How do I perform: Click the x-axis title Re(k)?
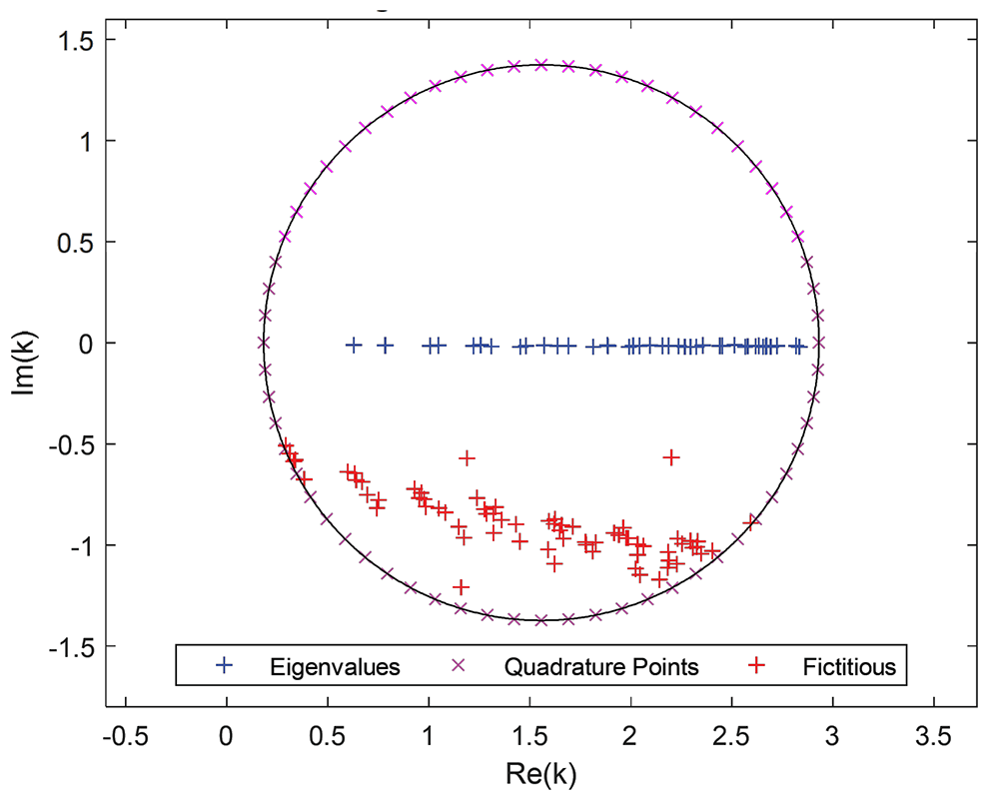[541, 773]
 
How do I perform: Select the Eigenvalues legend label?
[335, 666]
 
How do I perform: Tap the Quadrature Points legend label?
[601, 666]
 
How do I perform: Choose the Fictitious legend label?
[849, 666]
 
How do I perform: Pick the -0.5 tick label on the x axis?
[125, 738]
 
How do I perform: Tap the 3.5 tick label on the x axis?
[933, 738]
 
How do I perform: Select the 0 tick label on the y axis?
[85, 343]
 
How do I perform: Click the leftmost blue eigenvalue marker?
[353, 345]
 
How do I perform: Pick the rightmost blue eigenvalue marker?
[798, 346]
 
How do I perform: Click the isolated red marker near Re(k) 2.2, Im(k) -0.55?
[671, 456]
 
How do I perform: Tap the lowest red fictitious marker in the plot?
[461, 587]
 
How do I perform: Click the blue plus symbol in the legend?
[225, 666]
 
